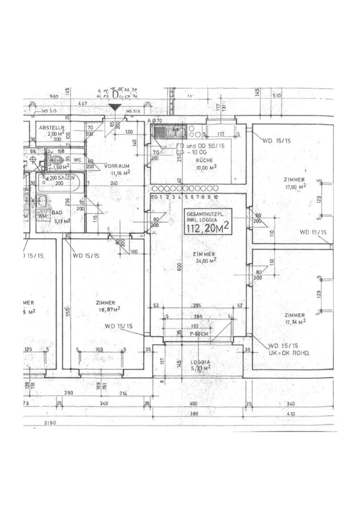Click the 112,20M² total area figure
pyautogui.click(x=208, y=229)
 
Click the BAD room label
pyautogui.click(x=57, y=213)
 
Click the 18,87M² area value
pyautogui.click(x=108, y=309)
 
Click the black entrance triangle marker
pyautogui.click(x=114, y=108)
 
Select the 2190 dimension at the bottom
pyautogui.click(x=49, y=423)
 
